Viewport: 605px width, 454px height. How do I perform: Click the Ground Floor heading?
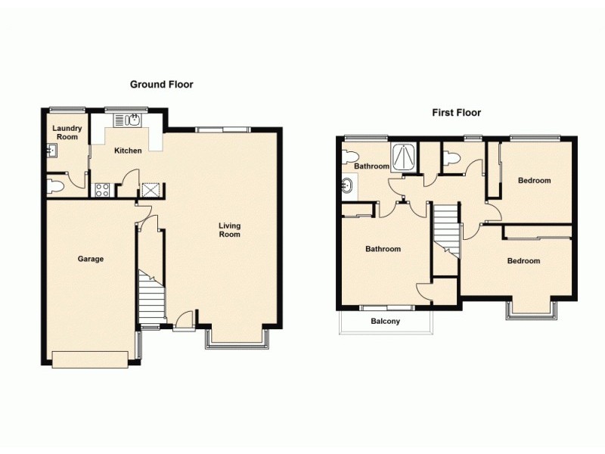(x=161, y=85)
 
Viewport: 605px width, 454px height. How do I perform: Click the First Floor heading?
(x=456, y=113)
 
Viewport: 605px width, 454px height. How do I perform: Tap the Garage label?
(x=91, y=259)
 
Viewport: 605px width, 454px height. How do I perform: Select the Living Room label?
(x=229, y=229)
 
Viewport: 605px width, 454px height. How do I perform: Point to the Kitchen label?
(x=128, y=151)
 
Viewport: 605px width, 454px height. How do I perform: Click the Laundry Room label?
(x=66, y=132)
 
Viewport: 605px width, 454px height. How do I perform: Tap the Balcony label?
(x=385, y=321)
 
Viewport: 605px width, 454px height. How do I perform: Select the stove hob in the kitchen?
(x=103, y=189)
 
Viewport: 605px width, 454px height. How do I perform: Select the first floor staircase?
(x=446, y=230)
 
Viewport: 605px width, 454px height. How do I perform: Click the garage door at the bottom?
(x=90, y=359)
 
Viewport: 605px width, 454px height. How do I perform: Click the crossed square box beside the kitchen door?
(x=150, y=189)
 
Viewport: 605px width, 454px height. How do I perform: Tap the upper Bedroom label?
(x=534, y=180)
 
